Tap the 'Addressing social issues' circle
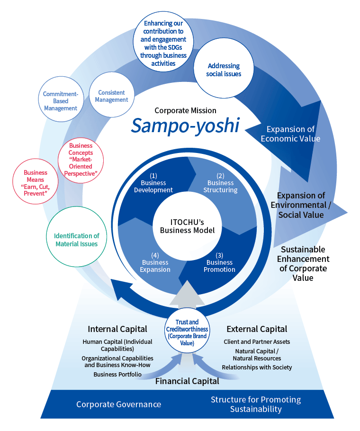click(x=224, y=70)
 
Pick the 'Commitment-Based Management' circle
click(x=61, y=101)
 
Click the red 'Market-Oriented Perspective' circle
click(x=81, y=160)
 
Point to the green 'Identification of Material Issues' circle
click(x=76, y=240)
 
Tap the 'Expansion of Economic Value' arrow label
click(x=290, y=134)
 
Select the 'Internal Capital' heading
click(x=117, y=329)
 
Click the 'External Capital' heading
click(x=257, y=329)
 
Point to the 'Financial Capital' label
click(x=187, y=380)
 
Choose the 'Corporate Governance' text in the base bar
click(x=118, y=404)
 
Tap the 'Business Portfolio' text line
click(x=117, y=374)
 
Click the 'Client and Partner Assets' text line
click(x=257, y=341)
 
